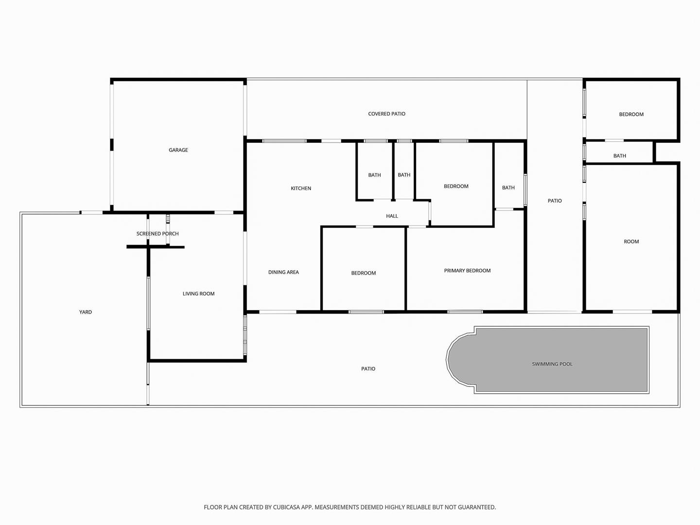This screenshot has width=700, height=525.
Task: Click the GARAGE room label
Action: [x=178, y=150]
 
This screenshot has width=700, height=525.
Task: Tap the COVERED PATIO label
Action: [x=386, y=114]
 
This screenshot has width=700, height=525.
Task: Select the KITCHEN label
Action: [x=301, y=189]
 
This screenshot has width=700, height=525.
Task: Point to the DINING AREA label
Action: [x=283, y=272]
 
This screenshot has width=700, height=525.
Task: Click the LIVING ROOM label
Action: [x=198, y=294]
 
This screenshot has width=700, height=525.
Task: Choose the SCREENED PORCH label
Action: [x=157, y=234]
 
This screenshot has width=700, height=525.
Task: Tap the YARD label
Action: [x=86, y=312]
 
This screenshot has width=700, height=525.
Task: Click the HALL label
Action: [x=392, y=216]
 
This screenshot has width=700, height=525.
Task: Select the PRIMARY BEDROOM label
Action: [x=467, y=271]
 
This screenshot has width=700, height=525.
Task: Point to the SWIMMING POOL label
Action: [x=552, y=364]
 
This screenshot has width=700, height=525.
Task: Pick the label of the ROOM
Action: [x=631, y=242]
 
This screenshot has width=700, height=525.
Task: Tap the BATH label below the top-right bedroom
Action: [x=620, y=156]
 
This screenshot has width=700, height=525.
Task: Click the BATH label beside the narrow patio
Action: [x=508, y=188]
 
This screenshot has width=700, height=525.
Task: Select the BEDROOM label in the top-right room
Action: [x=631, y=114]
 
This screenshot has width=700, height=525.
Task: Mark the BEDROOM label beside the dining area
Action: [x=363, y=273]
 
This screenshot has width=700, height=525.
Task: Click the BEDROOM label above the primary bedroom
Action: [x=456, y=187]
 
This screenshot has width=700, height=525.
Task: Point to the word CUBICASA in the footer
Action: [x=286, y=507]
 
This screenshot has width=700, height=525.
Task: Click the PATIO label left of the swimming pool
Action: [x=368, y=369]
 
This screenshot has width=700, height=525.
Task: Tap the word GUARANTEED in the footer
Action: [x=477, y=507]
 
